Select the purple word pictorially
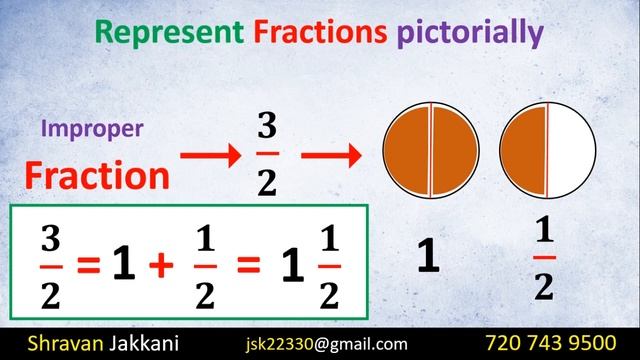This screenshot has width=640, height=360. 469,35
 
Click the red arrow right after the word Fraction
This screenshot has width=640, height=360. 209,156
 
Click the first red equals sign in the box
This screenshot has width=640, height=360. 90,266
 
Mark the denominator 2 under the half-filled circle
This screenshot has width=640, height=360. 543,287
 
